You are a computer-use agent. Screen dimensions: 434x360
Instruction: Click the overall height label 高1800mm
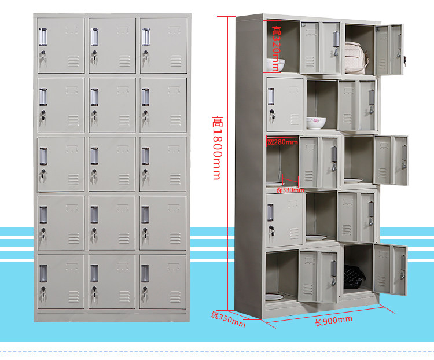(x=218, y=148)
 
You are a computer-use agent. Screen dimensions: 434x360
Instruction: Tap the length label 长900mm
(x=333, y=321)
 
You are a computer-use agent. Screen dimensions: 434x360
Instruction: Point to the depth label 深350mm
(x=228, y=319)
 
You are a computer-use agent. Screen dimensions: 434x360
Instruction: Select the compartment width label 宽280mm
(x=282, y=142)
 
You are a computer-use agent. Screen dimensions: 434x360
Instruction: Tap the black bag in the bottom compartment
(x=354, y=277)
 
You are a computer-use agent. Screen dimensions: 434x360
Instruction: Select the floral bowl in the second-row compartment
(x=315, y=122)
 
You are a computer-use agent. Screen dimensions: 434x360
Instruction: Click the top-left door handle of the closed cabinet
(x=42, y=36)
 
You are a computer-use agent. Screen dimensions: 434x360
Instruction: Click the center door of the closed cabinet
(x=112, y=164)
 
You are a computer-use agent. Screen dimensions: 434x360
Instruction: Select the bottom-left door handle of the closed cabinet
(x=43, y=273)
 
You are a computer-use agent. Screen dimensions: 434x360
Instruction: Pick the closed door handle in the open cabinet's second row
(x=271, y=95)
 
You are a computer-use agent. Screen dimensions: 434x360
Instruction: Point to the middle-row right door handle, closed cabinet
(x=145, y=156)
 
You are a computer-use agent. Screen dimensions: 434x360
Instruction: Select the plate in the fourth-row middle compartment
(x=316, y=237)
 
